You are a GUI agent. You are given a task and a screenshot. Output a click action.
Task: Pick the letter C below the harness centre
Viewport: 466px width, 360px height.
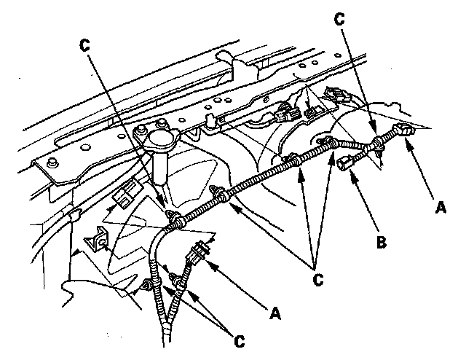[316, 278]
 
